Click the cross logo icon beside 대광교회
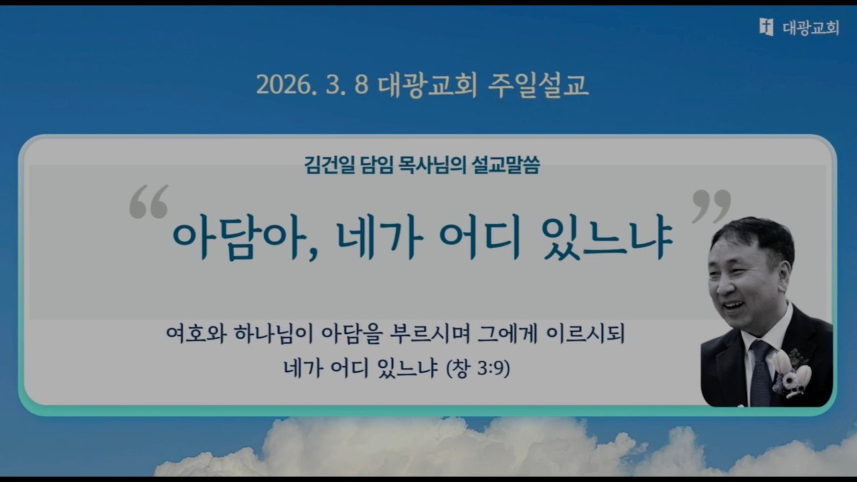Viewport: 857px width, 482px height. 766,27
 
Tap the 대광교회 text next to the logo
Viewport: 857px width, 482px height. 810,27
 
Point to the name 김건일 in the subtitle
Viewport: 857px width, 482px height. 325,165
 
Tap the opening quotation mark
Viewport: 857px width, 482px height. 148,202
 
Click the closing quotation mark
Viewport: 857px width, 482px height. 710,206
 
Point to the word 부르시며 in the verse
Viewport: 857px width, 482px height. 426,333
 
